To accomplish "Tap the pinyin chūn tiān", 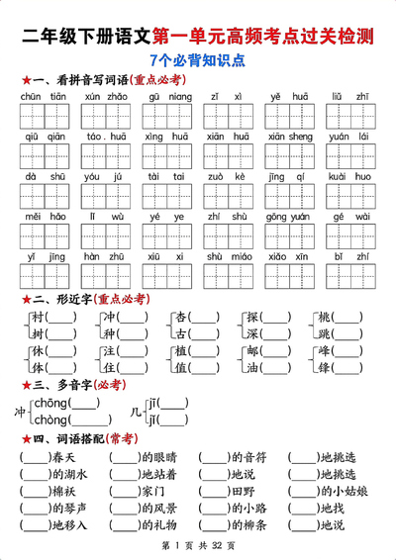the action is click(43, 97).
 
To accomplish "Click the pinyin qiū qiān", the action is click(43, 137).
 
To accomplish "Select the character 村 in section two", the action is click(39, 318).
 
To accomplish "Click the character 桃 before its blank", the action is click(325, 318).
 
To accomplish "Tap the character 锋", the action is click(325, 367).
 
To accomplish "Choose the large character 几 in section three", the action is click(136, 411).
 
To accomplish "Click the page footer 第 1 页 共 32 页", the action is click(198, 547).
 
